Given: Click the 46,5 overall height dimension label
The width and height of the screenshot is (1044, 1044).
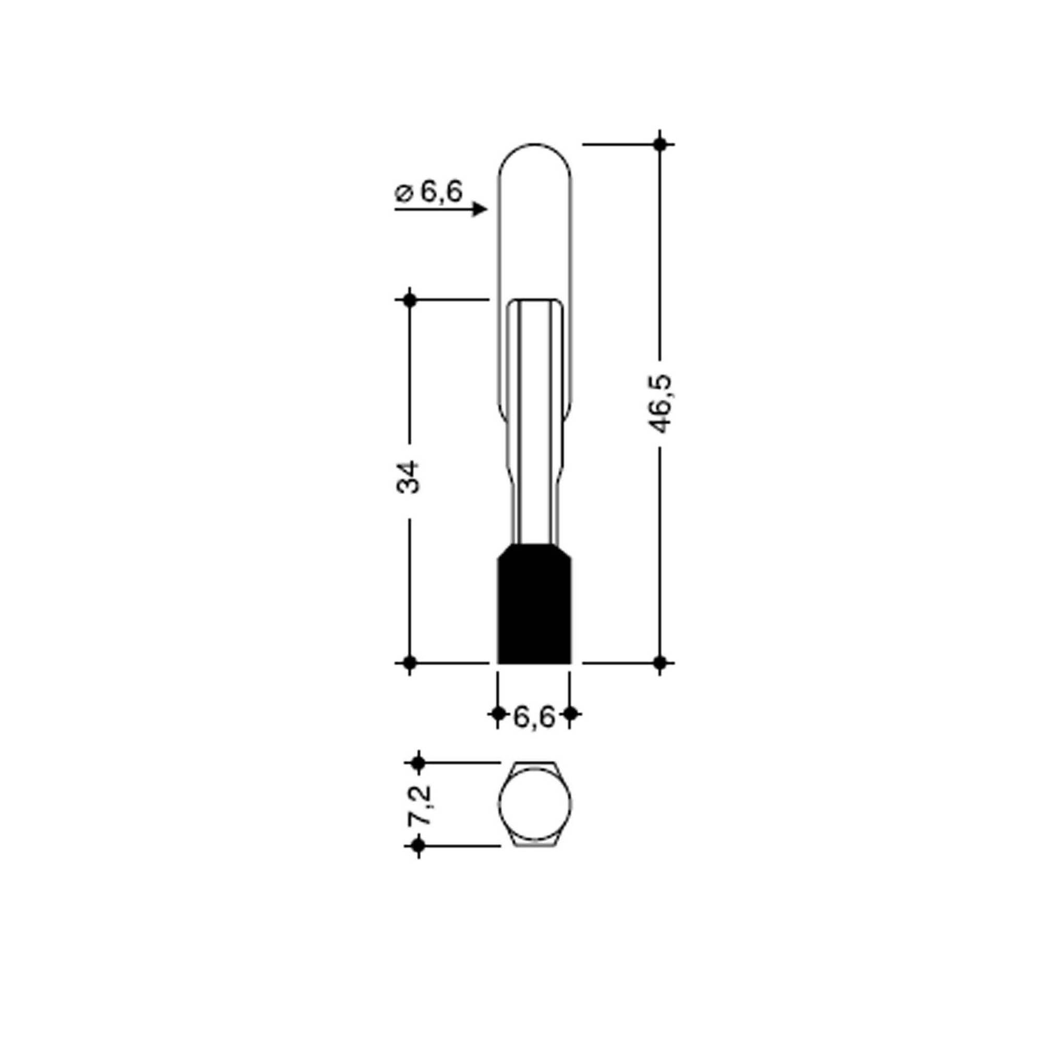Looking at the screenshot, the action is click(x=660, y=404).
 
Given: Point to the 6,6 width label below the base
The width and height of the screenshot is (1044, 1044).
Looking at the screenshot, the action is click(x=534, y=717).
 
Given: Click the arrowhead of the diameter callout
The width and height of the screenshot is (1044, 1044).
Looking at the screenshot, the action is click(x=480, y=209).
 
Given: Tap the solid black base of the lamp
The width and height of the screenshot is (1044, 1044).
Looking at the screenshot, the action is click(x=534, y=603).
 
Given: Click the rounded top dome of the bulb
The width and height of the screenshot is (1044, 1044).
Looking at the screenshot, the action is click(x=534, y=145).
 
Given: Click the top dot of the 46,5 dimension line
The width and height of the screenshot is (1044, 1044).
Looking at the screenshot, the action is click(x=659, y=145).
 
